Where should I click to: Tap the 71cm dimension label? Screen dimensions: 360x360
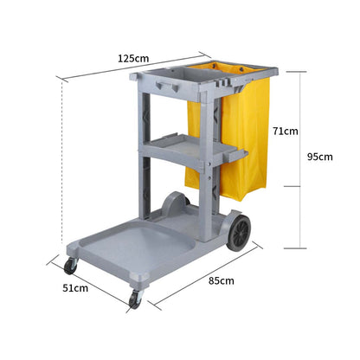[285, 132]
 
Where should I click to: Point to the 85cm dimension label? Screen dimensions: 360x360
[221, 280]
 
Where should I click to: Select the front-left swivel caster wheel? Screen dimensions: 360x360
[70, 266]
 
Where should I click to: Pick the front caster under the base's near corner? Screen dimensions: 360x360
[134, 299]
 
